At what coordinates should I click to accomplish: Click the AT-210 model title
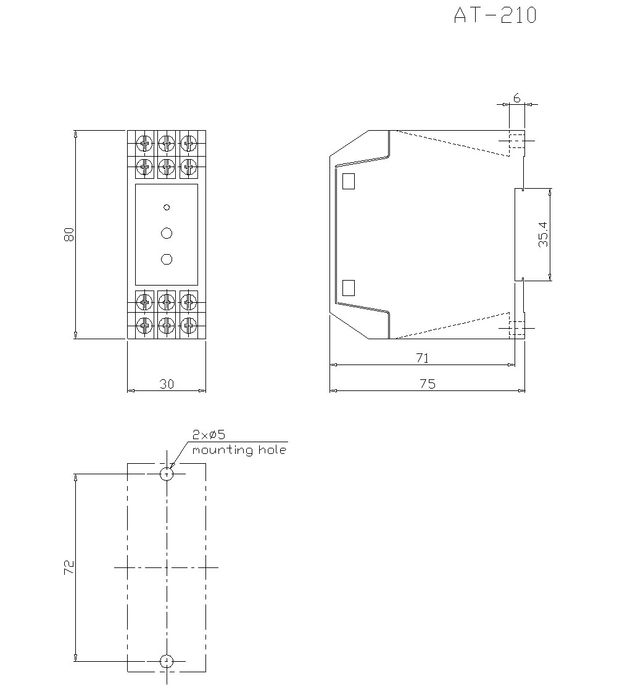pos(495,15)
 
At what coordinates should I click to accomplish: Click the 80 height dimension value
pos(69,234)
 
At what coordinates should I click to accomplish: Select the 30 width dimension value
pos(167,384)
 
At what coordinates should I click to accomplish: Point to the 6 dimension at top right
pos(516,98)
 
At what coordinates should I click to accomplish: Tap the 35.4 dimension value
pos(542,235)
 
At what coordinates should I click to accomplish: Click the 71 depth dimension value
pos(423,358)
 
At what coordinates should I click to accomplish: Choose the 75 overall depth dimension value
pos(428,384)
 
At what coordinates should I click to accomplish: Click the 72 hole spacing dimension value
pos(69,567)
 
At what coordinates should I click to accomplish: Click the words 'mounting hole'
pos(239,450)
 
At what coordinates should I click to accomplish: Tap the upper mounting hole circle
pos(167,474)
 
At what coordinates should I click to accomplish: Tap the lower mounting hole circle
pos(167,661)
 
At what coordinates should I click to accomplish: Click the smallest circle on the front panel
pos(167,207)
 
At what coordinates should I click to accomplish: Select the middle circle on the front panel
pos(167,233)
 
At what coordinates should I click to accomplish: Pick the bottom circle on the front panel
pos(167,259)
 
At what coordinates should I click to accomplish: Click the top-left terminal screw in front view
pos(144,144)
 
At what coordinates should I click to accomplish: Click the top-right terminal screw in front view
pos(189,144)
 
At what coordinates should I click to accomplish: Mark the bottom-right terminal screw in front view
pos(189,324)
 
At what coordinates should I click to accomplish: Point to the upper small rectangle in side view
pos(349,180)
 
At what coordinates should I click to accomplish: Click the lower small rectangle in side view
pos(349,287)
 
